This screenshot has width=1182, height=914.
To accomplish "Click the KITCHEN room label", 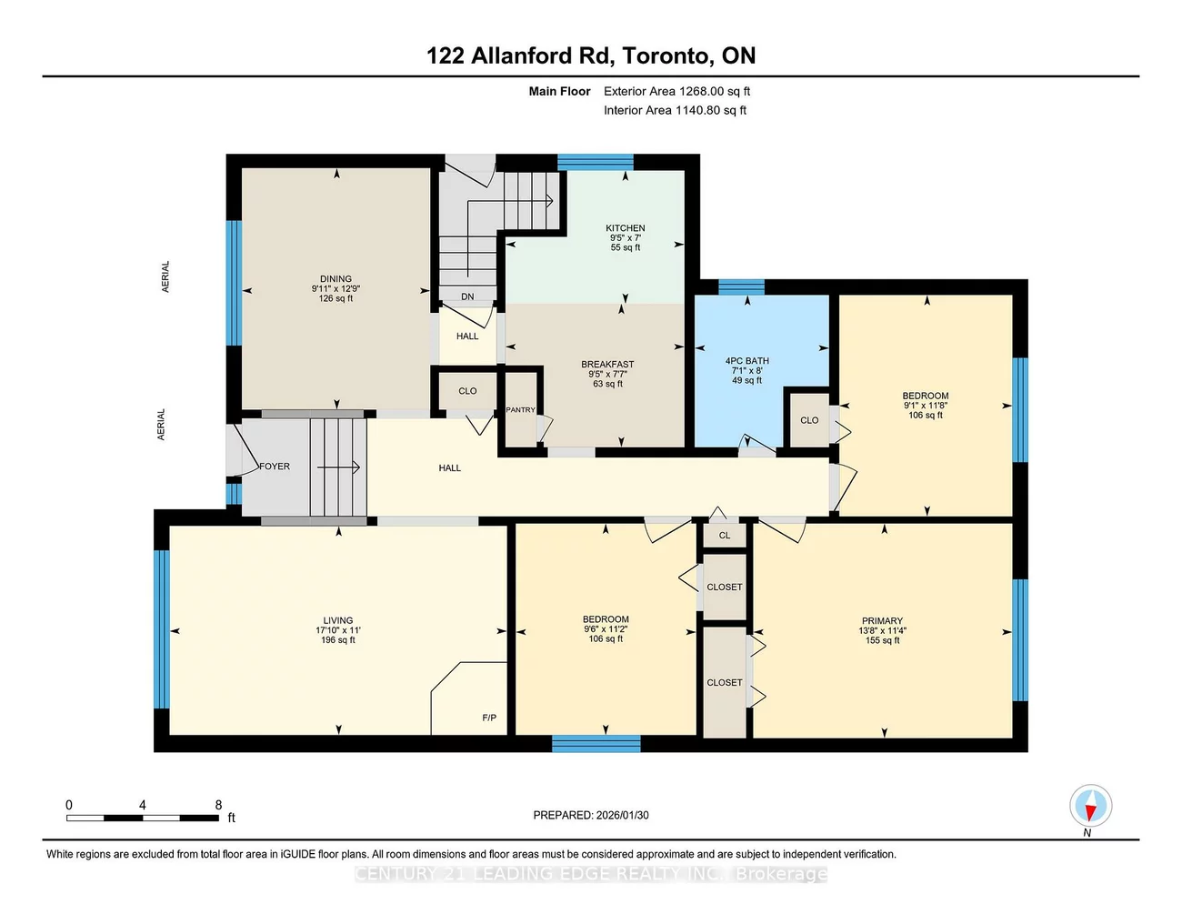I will click(x=625, y=228).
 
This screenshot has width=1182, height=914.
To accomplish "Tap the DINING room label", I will click(x=336, y=279).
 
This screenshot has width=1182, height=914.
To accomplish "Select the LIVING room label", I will click(x=337, y=620).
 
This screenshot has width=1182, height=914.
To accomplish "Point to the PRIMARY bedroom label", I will click(x=882, y=621).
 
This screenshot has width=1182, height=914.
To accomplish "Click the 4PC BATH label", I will click(x=746, y=361).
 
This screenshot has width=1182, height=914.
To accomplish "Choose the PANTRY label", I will click(x=520, y=410).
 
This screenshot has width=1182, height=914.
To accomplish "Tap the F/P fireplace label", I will click(x=489, y=718).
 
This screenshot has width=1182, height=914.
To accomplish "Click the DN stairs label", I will click(x=467, y=296).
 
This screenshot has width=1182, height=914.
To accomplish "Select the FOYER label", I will click(x=275, y=467).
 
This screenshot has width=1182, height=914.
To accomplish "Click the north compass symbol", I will click(x=1090, y=807).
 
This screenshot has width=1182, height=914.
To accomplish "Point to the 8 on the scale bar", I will click(x=218, y=805).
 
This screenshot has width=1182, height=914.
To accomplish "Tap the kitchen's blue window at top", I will click(x=596, y=162).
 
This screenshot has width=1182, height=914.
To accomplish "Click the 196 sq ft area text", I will click(x=337, y=640).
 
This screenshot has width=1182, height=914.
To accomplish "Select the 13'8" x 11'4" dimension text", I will click(x=882, y=630).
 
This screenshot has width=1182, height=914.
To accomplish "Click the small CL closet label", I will click(x=725, y=536).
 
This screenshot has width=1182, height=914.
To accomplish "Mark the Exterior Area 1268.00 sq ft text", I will click(x=676, y=91).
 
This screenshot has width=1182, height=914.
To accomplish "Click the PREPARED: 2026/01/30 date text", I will click(x=591, y=816).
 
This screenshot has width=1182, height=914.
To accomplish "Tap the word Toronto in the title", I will click(x=666, y=56).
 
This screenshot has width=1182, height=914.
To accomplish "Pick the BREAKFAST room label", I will click(x=607, y=365).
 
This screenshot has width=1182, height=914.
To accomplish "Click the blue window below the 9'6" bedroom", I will click(x=596, y=744).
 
